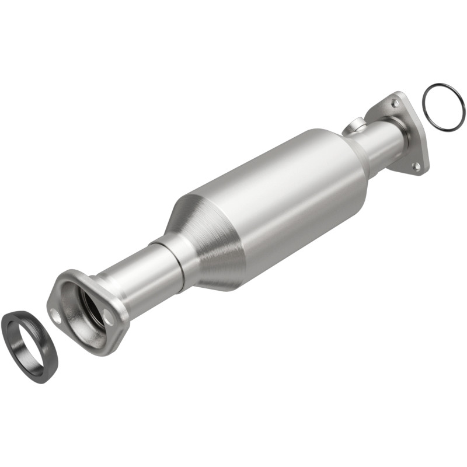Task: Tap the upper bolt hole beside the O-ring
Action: [x=395, y=103]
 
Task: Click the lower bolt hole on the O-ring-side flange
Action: [x=416, y=166]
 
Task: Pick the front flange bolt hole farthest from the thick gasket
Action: [x=108, y=318]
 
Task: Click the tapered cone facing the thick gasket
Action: [x=210, y=245]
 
